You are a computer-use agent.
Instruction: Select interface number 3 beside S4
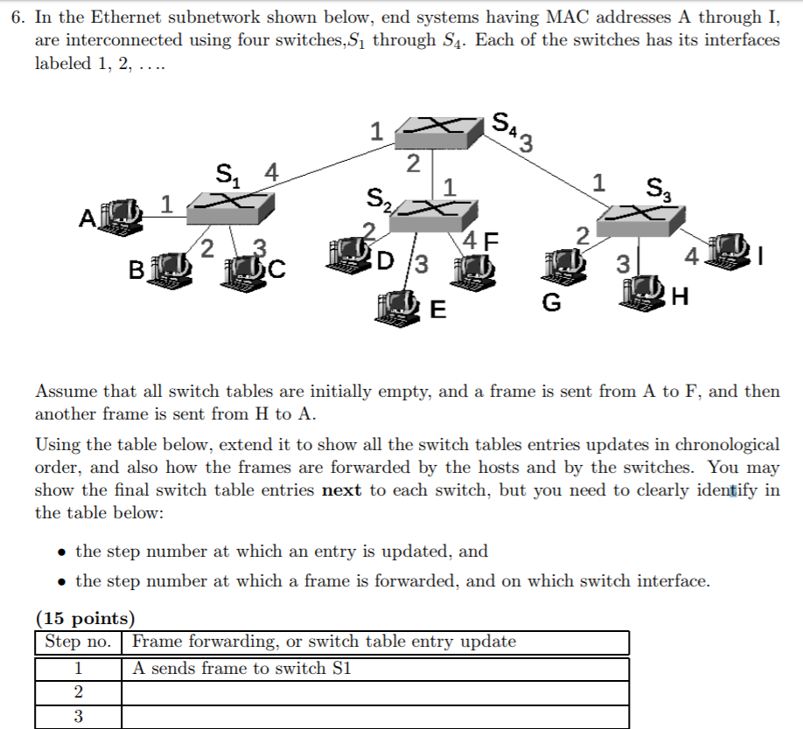527,143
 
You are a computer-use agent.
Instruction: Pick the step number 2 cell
79,693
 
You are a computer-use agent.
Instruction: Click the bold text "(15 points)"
85,619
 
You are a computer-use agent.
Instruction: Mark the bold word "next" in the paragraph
342,489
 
